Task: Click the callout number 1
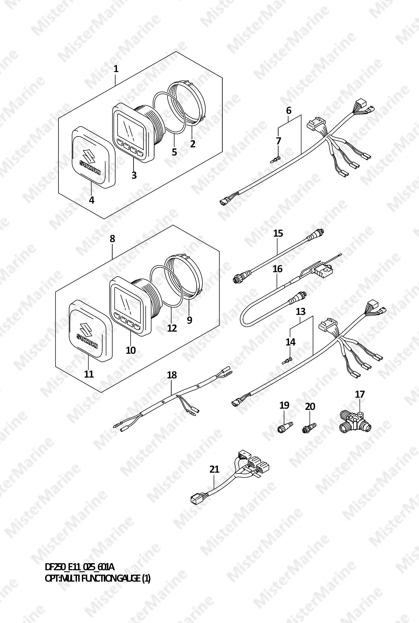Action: (x=116, y=69)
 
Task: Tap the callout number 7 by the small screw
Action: (x=278, y=141)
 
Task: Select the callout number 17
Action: (x=360, y=394)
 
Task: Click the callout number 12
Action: (x=172, y=328)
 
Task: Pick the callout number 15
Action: (x=278, y=233)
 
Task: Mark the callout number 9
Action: (x=189, y=320)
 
